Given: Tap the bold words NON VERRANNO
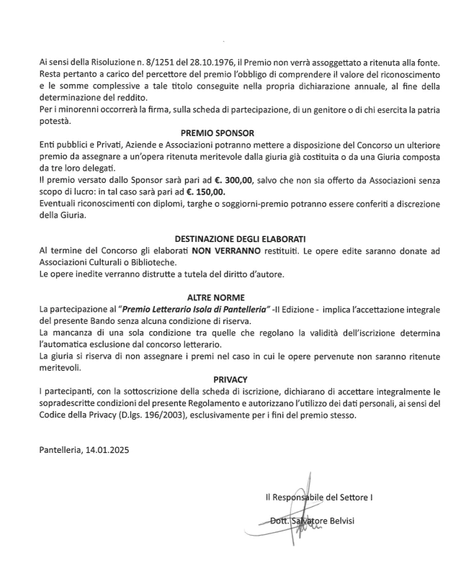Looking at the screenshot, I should coord(220,250).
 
